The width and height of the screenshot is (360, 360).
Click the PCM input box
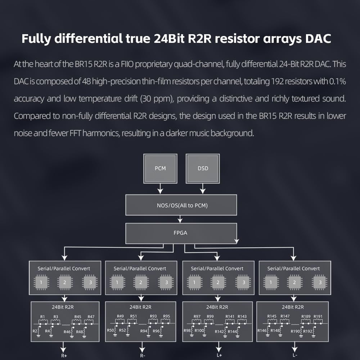[160, 168]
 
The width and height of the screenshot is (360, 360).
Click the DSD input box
[203, 168]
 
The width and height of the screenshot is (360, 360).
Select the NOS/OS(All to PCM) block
[181, 205]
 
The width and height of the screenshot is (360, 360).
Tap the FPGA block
[181, 233]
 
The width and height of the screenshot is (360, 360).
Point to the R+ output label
[64, 356]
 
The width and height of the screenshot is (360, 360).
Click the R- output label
[143, 356]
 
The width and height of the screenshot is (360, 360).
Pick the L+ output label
[219, 355]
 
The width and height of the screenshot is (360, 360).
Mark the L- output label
[295, 355]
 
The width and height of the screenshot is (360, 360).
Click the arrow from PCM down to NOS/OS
[160, 189]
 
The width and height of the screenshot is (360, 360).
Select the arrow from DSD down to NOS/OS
[203, 189]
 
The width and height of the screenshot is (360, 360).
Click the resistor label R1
[42, 316]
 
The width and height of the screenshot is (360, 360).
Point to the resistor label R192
[308, 331]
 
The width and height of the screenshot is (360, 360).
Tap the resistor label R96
[156, 331]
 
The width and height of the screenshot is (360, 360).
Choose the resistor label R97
[197, 316]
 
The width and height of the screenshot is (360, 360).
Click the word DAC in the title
[318, 39]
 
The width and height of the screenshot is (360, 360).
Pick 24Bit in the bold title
[169, 39]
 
